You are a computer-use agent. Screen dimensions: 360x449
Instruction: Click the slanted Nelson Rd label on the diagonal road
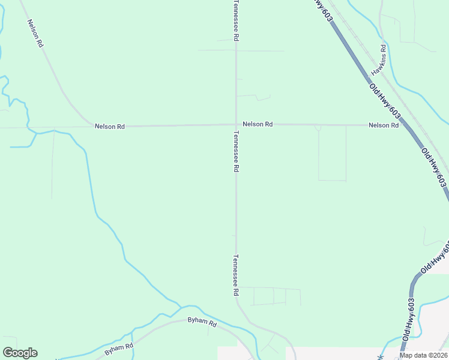coord(35,33)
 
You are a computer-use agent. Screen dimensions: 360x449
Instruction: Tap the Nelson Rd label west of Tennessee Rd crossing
coord(109,127)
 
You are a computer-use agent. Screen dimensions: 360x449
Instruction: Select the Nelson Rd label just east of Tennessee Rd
coord(258,124)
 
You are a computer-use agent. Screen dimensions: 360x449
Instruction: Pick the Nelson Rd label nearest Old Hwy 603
coord(384,125)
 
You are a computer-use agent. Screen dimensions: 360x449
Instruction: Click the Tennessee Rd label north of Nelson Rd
coord(236,20)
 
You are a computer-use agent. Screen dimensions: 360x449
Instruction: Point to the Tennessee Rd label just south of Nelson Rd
coord(236,154)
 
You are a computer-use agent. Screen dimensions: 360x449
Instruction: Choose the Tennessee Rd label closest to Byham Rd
coord(236,276)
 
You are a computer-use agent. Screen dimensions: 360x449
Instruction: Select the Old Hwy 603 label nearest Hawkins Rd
coord(385,98)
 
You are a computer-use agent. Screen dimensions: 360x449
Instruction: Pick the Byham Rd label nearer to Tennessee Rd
coord(202,322)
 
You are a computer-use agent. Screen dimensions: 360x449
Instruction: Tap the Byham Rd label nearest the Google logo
coord(118,347)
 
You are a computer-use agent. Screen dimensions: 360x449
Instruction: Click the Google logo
coord(20,353)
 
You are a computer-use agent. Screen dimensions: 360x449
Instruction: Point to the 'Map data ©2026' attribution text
coord(423,355)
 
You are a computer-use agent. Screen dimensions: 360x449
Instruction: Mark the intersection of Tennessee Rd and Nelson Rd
coord(236,125)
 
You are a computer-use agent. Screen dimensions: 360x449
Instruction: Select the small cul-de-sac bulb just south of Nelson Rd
coord(318,128)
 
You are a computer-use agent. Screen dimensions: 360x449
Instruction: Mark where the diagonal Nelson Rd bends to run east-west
coord(88,123)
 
